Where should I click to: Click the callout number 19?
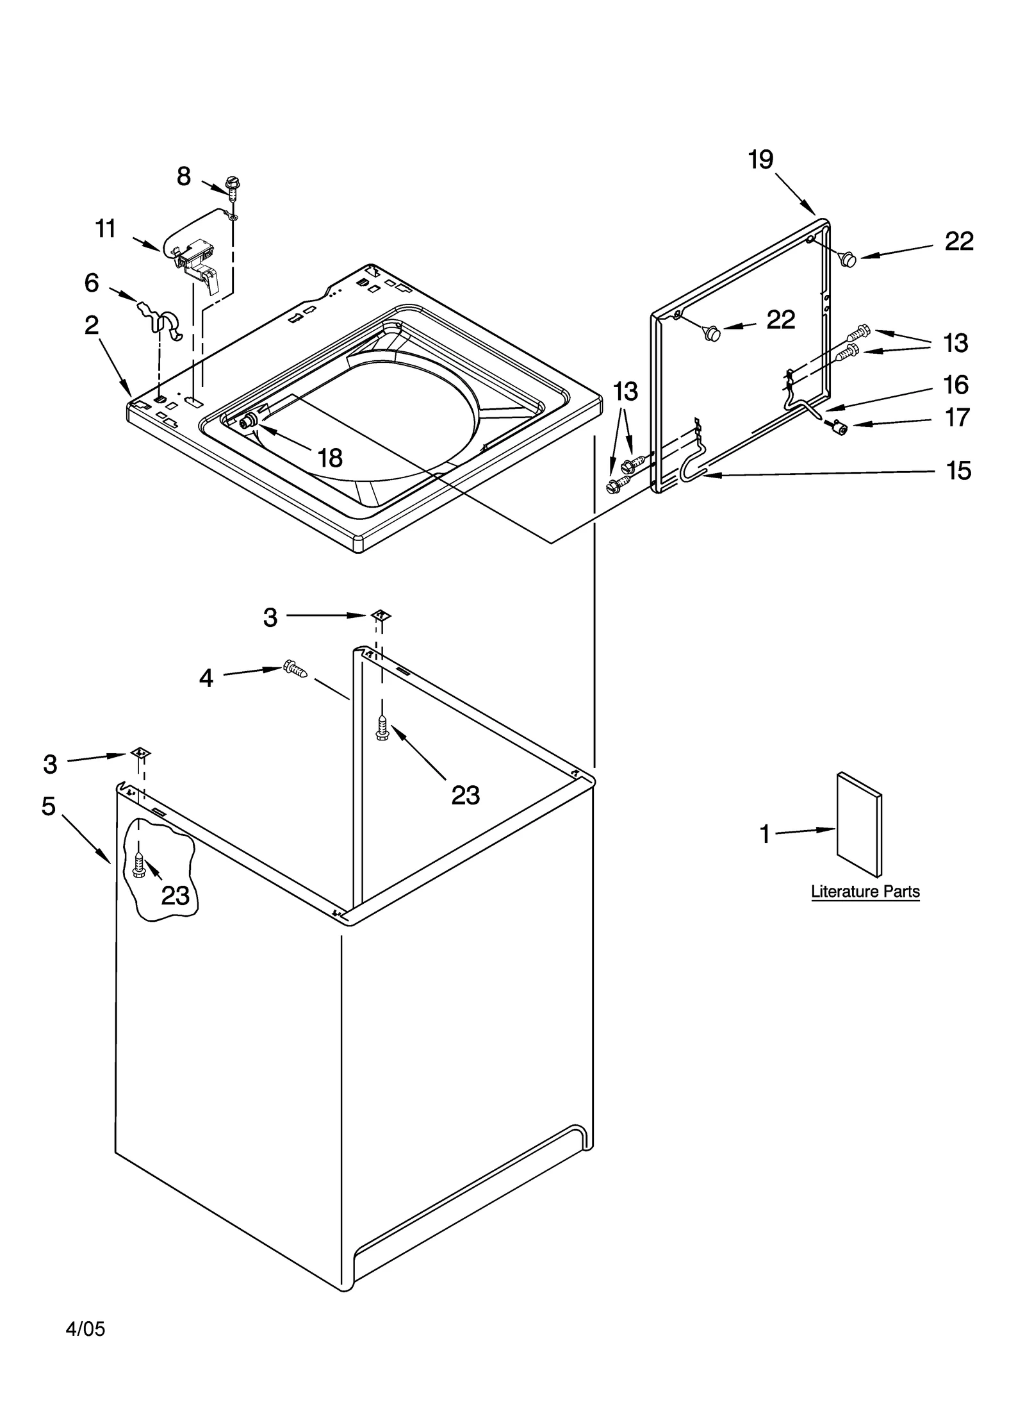tap(760, 159)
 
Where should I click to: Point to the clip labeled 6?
tap(160, 317)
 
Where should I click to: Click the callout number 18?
tap(330, 458)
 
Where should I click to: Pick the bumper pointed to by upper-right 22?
tap(848, 260)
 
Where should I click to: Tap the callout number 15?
tap(958, 471)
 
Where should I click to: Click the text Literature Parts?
tap(865, 892)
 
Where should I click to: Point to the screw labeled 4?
tap(295, 669)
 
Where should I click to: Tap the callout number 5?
tap(49, 806)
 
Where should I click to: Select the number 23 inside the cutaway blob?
tap(175, 895)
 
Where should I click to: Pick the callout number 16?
tap(955, 385)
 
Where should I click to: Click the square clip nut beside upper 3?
tap(381, 615)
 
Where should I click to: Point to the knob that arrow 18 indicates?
tap(247, 421)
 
